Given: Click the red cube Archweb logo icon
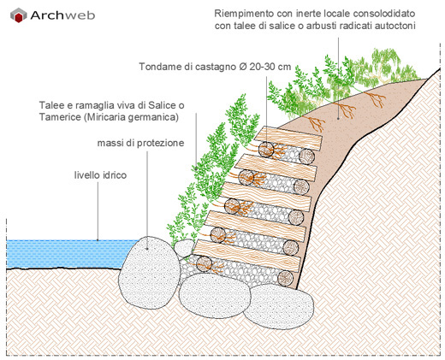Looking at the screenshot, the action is [19, 15].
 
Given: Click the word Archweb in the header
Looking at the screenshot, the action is [62, 15].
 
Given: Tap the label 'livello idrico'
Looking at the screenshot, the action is [100, 175].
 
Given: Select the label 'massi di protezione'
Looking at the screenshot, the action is [140, 143].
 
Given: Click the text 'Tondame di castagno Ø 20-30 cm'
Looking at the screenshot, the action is [215, 67].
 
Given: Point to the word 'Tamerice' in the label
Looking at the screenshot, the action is [60, 117].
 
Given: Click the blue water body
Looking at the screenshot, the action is [66, 254].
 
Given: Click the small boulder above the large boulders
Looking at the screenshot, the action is [184, 248].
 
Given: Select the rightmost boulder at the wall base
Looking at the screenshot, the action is [279, 306].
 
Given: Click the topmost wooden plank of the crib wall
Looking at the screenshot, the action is [288, 139].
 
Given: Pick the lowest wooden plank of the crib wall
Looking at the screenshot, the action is [247, 251].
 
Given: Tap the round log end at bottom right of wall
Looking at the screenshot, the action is [286, 278].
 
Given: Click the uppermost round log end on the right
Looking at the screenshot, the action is [307, 156].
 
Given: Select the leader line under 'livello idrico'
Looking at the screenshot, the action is [98, 211].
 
